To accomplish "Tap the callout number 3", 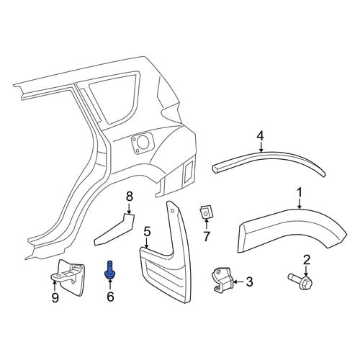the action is (x=249, y=282).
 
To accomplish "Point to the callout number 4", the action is (x=261, y=136).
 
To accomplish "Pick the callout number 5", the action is (x=147, y=233).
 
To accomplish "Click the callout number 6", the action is (x=110, y=297).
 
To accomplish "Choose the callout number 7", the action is (x=207, y=236).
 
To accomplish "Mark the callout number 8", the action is (x=130, y=197).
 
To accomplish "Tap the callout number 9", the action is (x=55, y=298).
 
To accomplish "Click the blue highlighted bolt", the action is (x=109, y=270).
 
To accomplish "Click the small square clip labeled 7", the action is (x=206, y=212).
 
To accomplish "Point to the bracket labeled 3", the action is (x=222, y=280).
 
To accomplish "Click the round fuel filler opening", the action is (x=143, y=143).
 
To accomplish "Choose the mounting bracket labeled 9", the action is (x=68, y=278).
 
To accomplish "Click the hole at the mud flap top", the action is (x=173, y=211).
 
